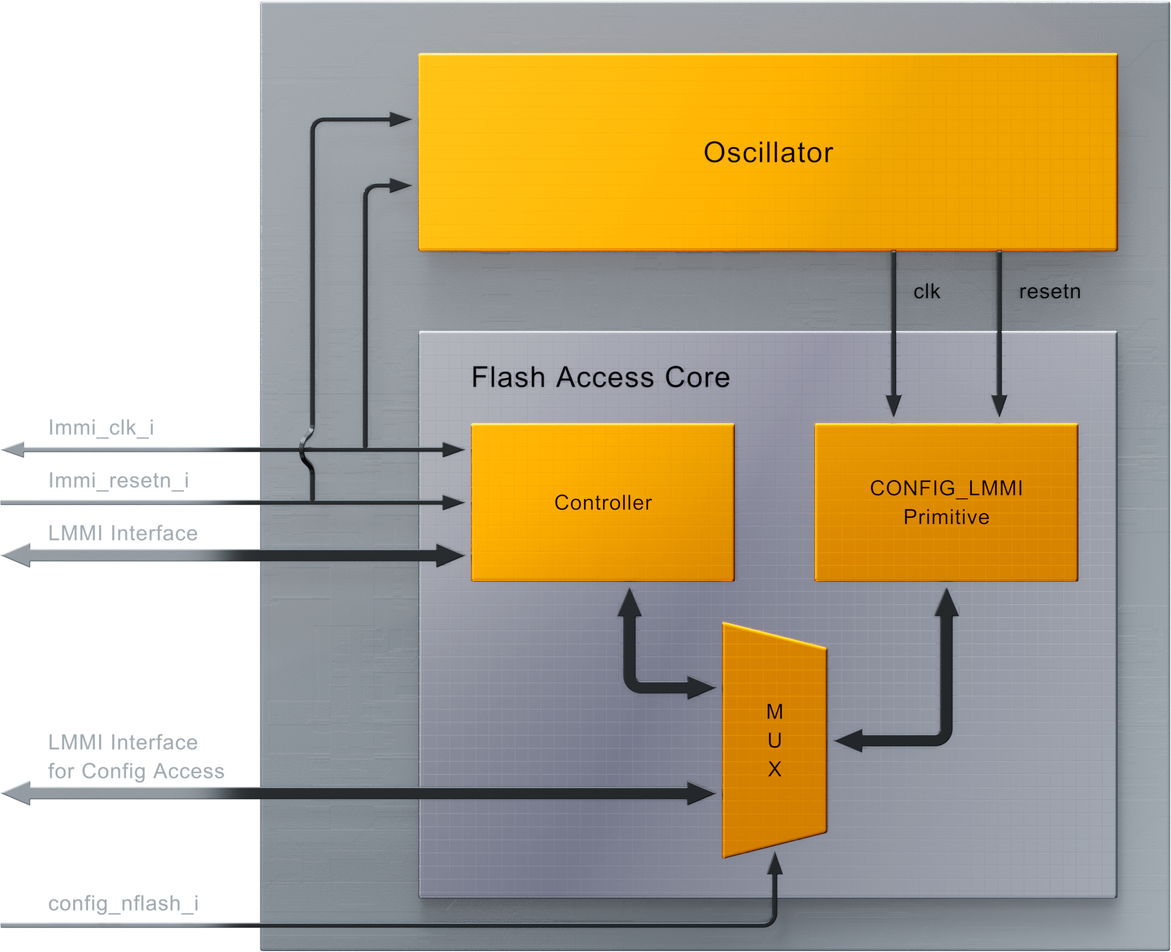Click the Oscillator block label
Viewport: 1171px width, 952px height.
(768, 153)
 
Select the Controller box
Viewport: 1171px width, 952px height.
(603, 502)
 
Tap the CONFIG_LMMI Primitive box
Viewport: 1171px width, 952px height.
(946, 502)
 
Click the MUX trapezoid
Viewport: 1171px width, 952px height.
(774, 740)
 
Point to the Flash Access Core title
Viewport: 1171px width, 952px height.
(600, 377)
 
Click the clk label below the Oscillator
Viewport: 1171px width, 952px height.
(926, 291)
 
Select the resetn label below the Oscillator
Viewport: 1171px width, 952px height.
(1049, 291)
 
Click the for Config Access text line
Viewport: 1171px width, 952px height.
(136, 772)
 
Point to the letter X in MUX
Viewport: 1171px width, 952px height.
(774, 769)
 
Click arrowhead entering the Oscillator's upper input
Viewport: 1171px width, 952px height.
(400, 120)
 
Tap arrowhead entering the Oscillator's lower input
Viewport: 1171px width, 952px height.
(400, 186)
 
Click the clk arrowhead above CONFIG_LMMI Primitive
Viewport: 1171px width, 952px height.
(893, 405)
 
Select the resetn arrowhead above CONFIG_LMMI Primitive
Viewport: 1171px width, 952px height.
(999, 405)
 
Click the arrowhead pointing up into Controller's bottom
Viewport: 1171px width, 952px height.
(630, 602)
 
